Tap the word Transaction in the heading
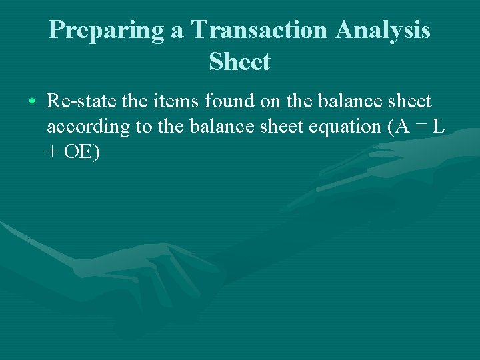tap(259, 31)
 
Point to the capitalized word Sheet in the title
tap(239, 62)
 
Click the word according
tap(88, 127)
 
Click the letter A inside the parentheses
tap(402, 127)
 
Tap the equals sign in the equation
tap(421, 127)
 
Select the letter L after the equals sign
tap(438, 127)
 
